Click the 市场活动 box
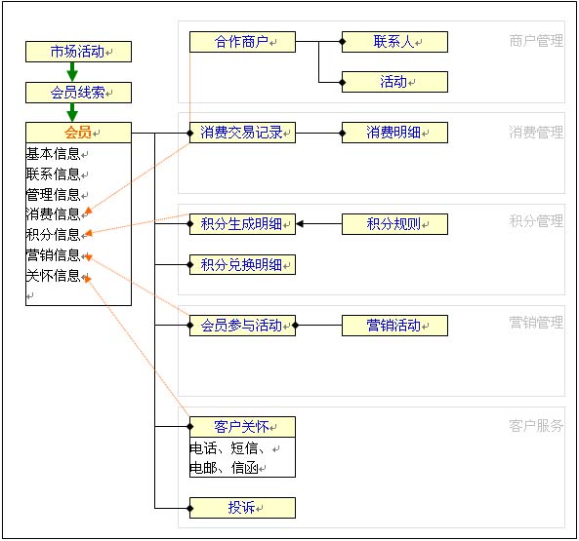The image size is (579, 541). point(78,52)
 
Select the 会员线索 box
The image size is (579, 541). point(78,93)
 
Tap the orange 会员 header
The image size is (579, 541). point(78,134)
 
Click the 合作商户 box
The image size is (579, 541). point(242,42)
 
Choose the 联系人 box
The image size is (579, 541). point(394,42)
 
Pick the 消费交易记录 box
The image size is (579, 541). point(242,133)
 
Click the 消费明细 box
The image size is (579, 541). point(394,133)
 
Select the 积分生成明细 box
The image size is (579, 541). point(242,224)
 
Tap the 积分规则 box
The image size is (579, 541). point(394,224)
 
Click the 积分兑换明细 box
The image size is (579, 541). point(242,264)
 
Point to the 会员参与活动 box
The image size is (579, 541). point(242,326)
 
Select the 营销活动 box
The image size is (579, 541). point(394,326)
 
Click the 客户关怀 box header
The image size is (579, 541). point(242,427)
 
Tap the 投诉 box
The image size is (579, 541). point(242,508)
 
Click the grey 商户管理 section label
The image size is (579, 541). point(536,42)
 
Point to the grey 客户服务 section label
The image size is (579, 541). point(536,426)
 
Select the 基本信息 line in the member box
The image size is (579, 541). point(55,154)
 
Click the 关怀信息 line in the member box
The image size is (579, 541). point(55,276)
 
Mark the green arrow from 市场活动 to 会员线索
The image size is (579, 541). point(72,72)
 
